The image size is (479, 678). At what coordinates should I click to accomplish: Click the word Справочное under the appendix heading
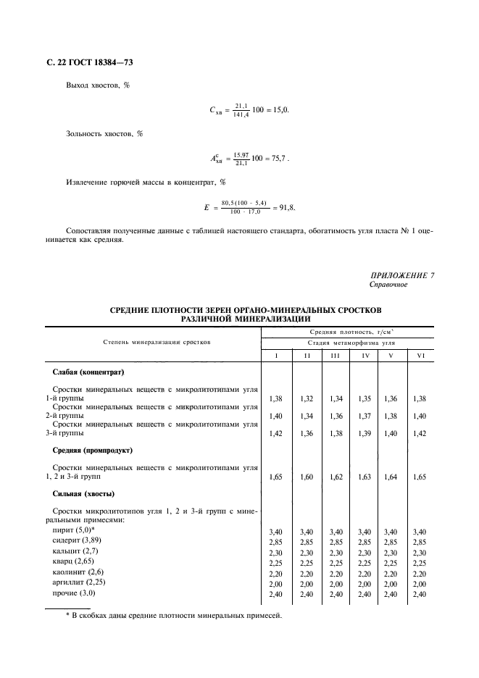click(x=388, y=285)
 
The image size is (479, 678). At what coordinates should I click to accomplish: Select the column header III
click(x=334, y=355)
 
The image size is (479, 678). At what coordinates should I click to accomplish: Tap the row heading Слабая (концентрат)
click(x=89, y=372)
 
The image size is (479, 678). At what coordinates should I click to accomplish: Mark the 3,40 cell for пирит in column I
click(x=275, y=532)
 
